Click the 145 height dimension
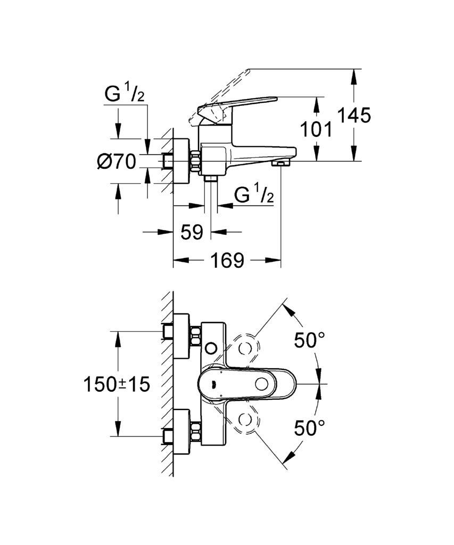354,115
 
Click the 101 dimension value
316,130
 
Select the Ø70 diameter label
117,162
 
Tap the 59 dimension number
192,232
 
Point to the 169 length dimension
227,260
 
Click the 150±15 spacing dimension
117,384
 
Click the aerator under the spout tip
281,163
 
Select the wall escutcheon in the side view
181,161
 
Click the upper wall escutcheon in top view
181,336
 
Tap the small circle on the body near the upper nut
211,348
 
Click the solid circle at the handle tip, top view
261,384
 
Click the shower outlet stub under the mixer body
211,179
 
